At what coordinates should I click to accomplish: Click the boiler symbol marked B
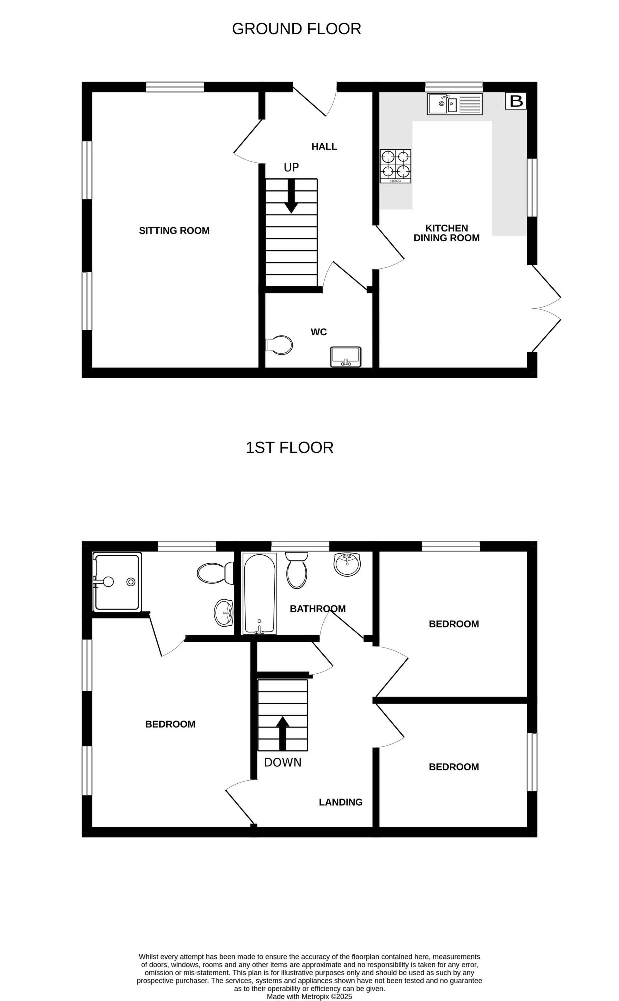tap(516, 101)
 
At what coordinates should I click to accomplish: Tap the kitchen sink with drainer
tap(455, 104)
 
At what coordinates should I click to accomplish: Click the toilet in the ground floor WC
tap(280, 345)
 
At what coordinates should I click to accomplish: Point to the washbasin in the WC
tap(346, 357)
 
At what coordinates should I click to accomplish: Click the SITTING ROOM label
tap(174, 231)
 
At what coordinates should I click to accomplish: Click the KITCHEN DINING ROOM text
tap(446, 233)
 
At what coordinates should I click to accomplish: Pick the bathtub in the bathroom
tap(260, 594)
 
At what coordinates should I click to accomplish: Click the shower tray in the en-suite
tap(117, 582)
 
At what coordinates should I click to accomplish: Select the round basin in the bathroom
tap(347, 564)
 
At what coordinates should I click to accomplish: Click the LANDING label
tap(341, 802)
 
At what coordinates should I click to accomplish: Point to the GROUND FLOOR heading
tap(296, 29)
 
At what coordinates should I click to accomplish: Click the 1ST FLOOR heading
tap(290, 448)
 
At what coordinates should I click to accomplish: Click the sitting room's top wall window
tap(175, 87)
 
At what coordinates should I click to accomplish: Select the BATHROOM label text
tap(318, 609)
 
